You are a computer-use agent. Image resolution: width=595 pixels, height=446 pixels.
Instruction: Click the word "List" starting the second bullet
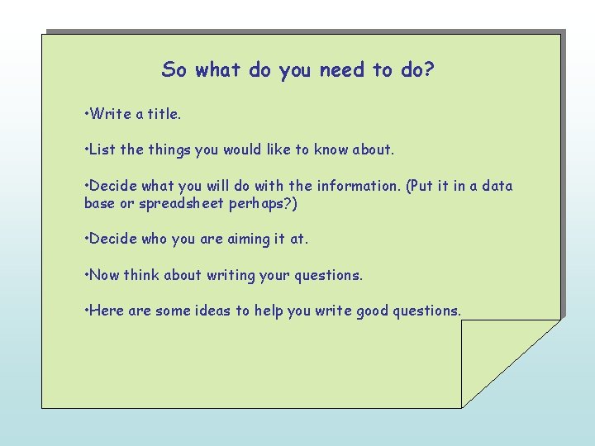(x=102, y=149)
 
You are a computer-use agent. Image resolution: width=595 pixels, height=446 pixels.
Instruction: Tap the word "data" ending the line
(x=497, y=186)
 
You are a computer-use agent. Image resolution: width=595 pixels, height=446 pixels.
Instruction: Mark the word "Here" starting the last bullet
(x=106, y=311)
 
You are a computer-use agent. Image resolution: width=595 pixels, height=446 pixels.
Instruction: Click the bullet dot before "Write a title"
(x=87, y=113)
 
